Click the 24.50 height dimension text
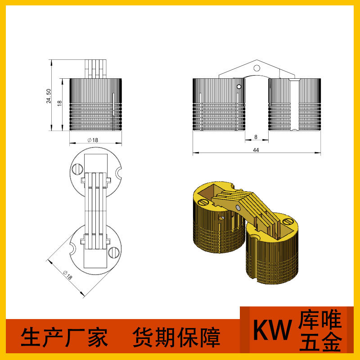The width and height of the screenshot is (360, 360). (48, 95)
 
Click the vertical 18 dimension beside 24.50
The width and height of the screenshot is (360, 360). (59, 103)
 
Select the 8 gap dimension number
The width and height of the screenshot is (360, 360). (256, 137)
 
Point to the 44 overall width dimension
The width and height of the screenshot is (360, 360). (256, 150)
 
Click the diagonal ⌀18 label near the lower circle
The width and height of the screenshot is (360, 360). (68, 275)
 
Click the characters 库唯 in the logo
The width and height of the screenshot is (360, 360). (320, 321)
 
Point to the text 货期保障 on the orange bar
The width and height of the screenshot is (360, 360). (176, 337)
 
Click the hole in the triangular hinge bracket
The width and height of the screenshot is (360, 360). (256, 68)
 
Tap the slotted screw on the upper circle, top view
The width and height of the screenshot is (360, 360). (77, 169)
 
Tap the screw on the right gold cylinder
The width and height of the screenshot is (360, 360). (288, 222)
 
